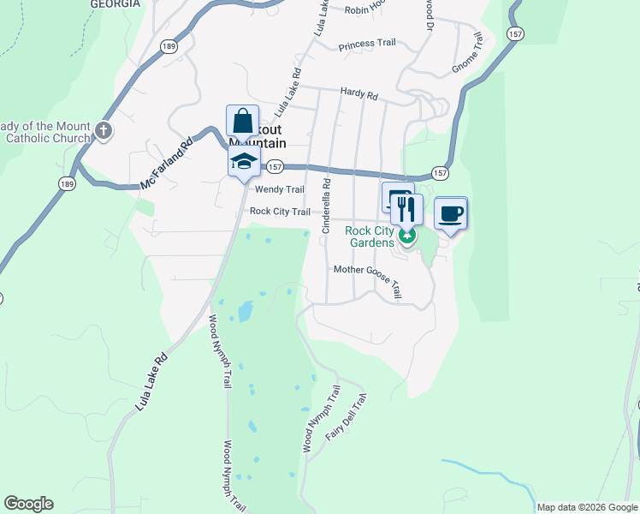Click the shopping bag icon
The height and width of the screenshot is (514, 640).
243,119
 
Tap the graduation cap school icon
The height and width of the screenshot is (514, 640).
243,160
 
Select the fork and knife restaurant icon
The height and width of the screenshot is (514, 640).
406,208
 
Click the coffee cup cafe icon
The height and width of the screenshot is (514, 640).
451,212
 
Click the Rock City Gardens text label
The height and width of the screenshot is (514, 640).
370,236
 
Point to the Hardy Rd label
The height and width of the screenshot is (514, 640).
359,94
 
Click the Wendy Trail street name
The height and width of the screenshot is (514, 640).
280,189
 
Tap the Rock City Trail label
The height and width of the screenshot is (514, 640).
280,212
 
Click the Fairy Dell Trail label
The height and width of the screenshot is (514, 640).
347,417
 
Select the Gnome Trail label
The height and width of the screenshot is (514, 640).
473,53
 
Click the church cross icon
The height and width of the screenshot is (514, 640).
104,131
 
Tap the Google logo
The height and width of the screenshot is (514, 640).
28,504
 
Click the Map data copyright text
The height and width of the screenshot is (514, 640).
586,507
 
